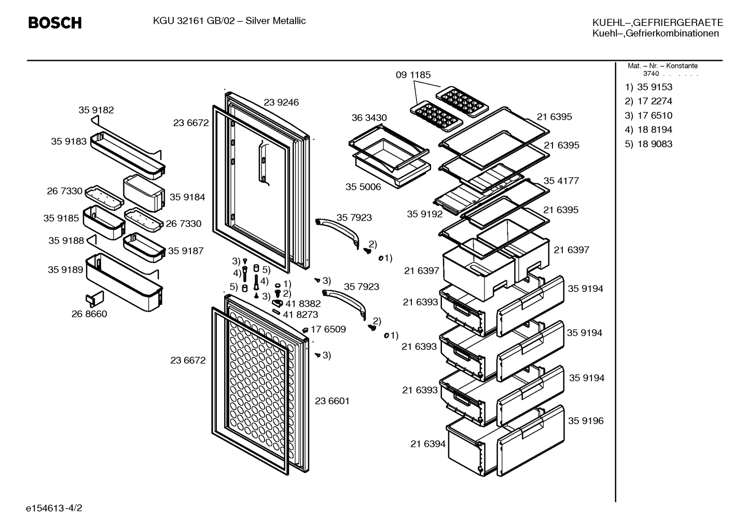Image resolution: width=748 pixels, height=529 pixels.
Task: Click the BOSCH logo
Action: point(55,23)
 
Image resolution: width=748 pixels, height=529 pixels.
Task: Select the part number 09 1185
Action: point(413,75)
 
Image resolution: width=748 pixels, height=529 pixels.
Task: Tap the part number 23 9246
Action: point(281,102)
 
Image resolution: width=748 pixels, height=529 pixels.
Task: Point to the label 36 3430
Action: point(369,118)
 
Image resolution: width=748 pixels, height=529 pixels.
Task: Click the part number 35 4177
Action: point(561,181)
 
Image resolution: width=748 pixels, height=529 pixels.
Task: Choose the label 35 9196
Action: point(586,421)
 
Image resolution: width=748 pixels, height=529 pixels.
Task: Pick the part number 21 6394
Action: point(428,444)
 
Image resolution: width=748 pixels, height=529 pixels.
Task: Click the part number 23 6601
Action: point(332,401)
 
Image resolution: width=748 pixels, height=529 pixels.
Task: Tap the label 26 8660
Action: point(89,314)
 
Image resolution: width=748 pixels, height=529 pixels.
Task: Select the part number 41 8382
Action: point(303,304)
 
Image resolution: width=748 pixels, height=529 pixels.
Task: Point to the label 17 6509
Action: point(328,330)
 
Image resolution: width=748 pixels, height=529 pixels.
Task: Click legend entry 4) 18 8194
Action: point(648,130)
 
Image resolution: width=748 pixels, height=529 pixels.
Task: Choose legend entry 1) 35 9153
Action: point(648,87)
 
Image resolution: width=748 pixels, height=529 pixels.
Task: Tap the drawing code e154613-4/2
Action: point(54,508)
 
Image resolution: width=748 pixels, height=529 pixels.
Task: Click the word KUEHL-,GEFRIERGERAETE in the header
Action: point(658,23)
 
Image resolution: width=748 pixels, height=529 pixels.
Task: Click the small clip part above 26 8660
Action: point(95,299)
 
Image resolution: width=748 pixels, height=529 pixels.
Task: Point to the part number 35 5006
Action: point(363,187)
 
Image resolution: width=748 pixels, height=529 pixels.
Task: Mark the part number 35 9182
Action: point(96,110)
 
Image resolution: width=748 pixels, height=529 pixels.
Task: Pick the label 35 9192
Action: point(424,214)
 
